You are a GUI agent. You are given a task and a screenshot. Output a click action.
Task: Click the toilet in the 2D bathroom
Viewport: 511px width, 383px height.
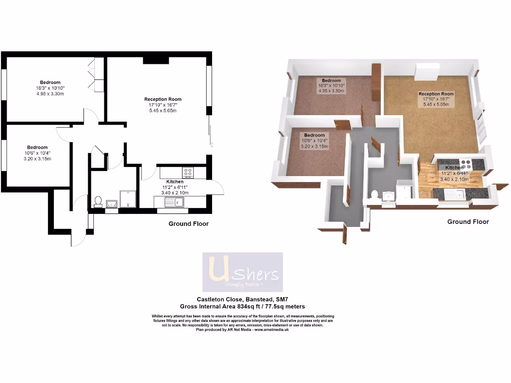point(98,202)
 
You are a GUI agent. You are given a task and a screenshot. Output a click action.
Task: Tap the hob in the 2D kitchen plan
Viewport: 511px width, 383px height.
point(189,173)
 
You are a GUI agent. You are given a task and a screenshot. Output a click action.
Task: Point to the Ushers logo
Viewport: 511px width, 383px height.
point(243,272)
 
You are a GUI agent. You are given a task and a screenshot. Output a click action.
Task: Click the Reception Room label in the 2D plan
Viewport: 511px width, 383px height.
point(163,99)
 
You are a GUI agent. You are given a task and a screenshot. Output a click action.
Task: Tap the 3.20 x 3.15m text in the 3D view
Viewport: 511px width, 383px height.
point(314,147)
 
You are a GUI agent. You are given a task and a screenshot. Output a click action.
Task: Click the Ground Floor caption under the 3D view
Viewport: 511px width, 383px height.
point(468,222)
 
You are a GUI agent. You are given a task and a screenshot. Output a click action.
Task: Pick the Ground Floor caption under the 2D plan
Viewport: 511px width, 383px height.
point(188,224)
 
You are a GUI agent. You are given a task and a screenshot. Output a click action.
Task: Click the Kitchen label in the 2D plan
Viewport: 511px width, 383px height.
point(175,182)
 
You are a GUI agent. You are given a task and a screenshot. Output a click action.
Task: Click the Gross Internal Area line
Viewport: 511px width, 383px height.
point(243,307)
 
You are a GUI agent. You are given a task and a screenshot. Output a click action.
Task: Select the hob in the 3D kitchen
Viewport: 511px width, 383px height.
point(465,162)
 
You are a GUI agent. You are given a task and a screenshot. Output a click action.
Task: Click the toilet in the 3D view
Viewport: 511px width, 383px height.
point(375,194)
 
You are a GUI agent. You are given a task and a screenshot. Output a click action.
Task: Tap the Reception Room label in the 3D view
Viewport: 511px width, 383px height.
point(436,94)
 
